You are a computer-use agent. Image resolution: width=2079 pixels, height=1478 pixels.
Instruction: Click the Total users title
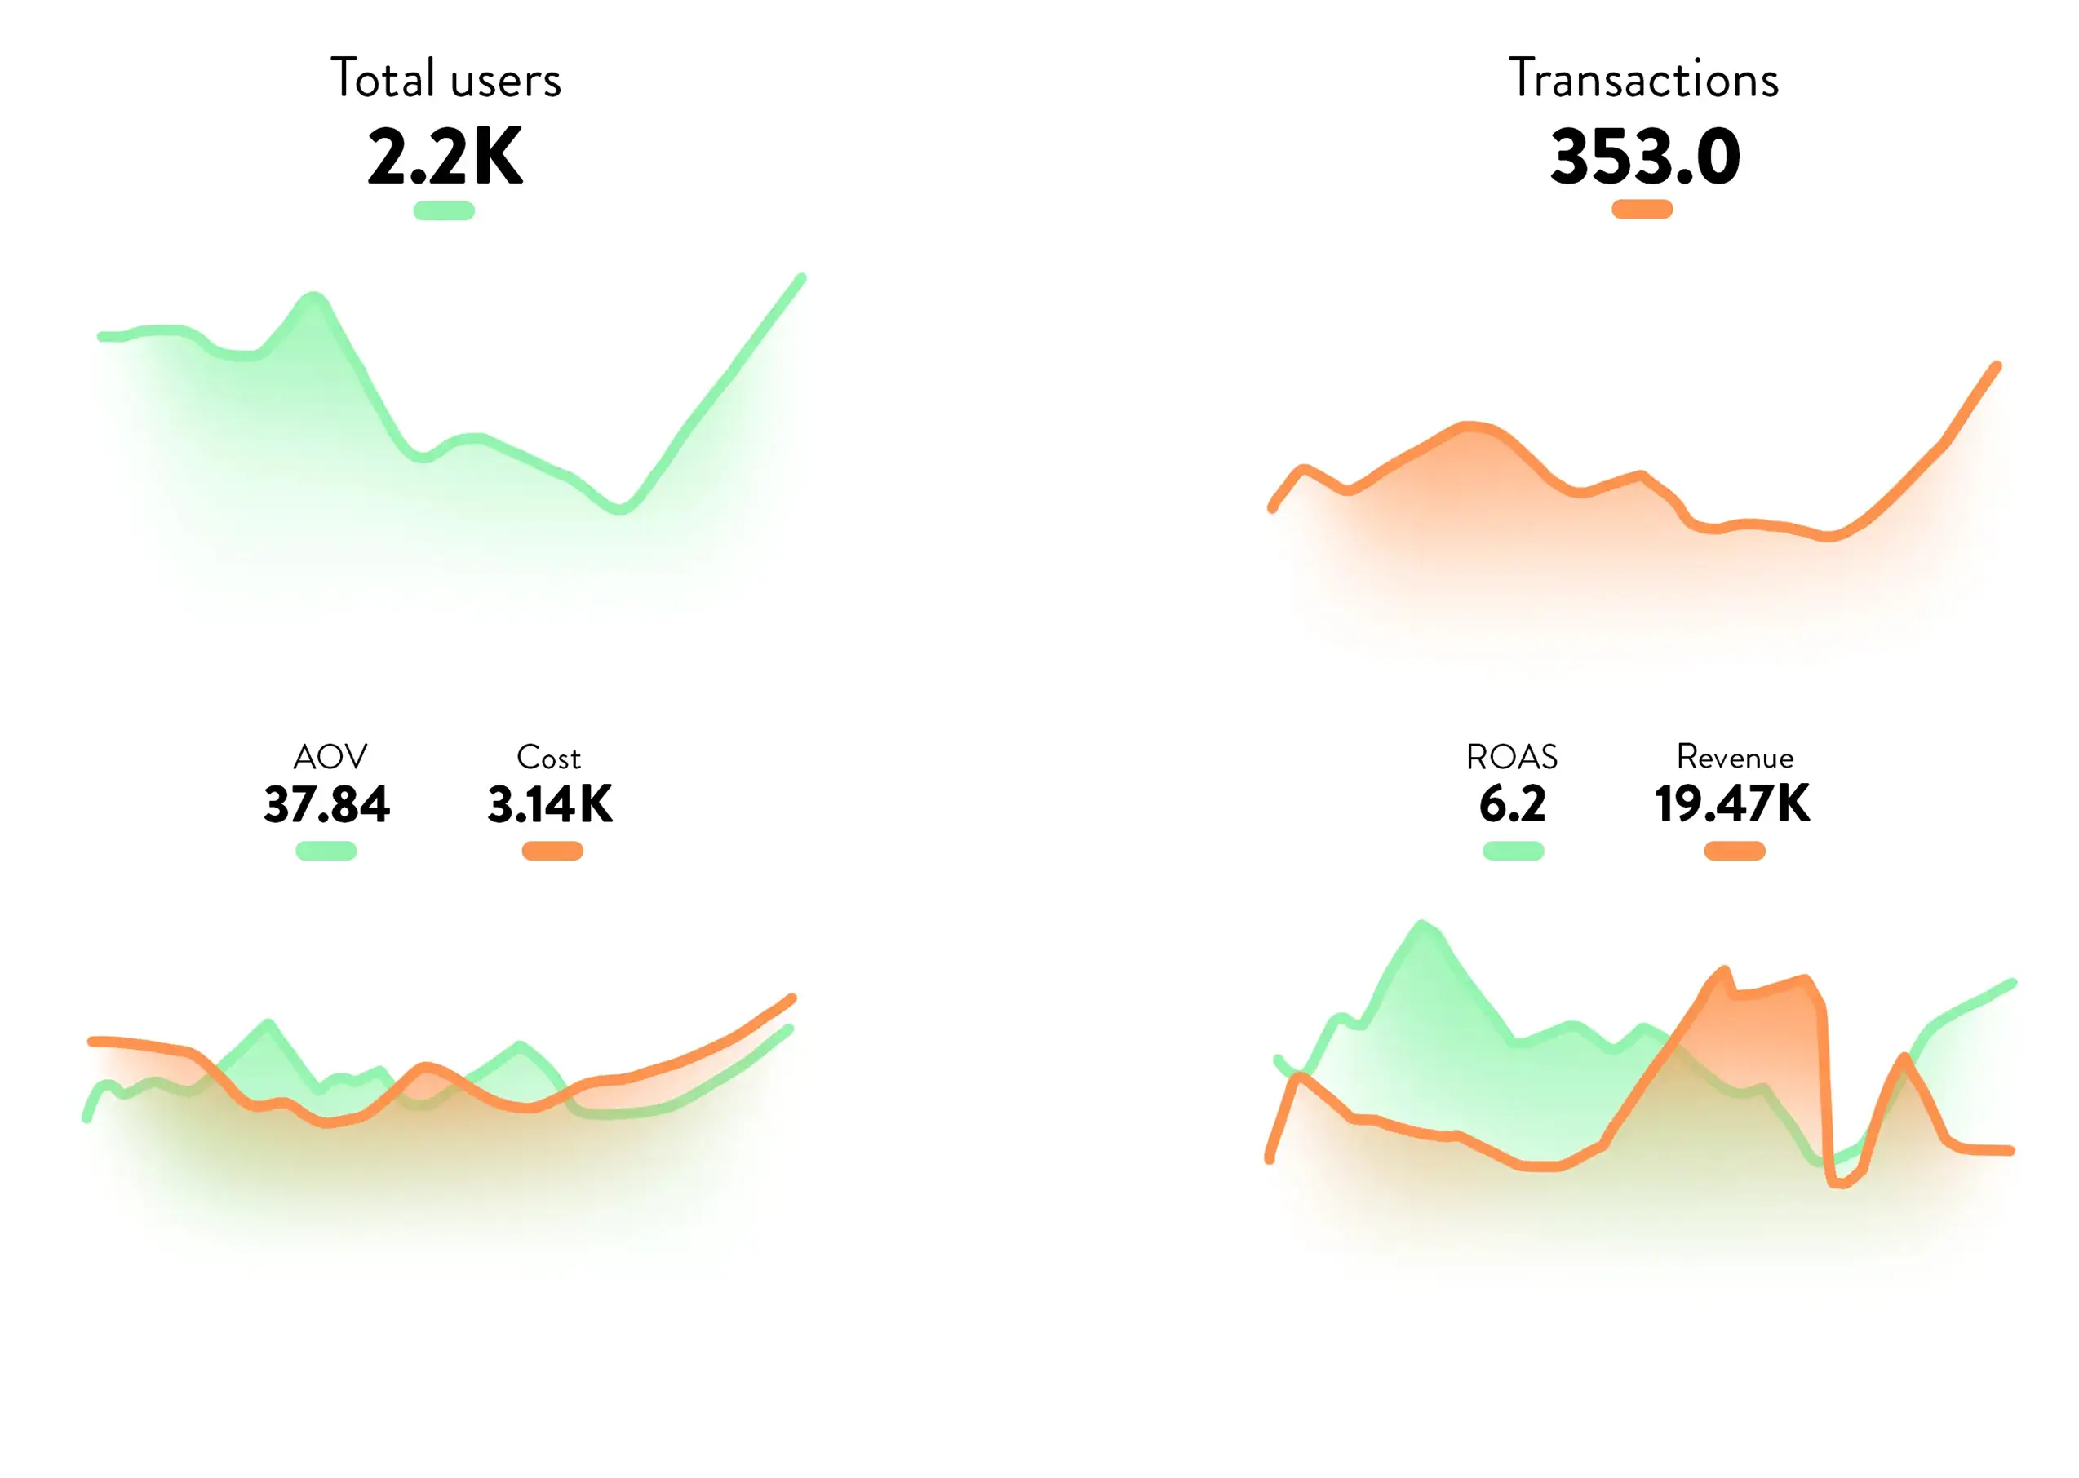tap(445, 78)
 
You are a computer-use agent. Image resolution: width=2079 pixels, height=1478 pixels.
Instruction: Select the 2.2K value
tap(445, 157)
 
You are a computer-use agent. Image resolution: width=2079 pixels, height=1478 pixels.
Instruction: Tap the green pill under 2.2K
tap(444, 211)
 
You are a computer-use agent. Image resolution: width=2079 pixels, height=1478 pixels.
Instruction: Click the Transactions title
tap(1643, 78)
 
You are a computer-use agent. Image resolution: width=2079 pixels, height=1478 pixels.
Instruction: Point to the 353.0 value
tap(1645, 157)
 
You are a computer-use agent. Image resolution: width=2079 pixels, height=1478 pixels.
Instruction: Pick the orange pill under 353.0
tap(1642, 210)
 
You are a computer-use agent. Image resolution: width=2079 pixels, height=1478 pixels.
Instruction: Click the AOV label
tap(330, 756)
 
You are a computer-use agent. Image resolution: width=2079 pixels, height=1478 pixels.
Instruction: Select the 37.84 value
tap(326, 804)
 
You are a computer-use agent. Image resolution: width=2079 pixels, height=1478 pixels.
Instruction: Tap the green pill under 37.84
tap(326, 851)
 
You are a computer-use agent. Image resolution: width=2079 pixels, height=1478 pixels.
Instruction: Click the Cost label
tap(548, 757)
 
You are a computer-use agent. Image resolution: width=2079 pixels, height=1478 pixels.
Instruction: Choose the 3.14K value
tap(551, 804)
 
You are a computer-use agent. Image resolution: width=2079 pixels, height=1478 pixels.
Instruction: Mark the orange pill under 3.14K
tap(552, 851)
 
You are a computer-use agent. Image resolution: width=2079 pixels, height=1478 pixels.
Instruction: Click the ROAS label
tap(1511, 756)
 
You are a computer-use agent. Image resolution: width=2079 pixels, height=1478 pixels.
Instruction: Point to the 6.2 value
tap(1512, 804)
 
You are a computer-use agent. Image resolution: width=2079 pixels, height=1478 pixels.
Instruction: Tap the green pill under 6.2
tap(1513, 851)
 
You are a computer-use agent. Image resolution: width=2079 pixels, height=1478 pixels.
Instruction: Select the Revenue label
tap(1735, 757)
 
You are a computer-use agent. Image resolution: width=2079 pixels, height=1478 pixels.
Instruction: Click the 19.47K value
tap(1732, 804)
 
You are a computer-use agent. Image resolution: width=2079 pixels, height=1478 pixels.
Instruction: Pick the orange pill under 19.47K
tap(1735, 851)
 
